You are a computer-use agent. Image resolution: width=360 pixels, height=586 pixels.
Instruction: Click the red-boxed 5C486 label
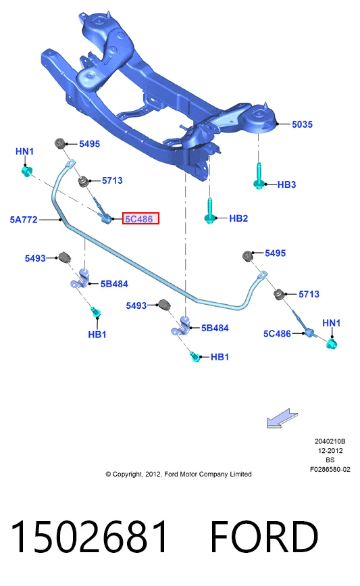140,218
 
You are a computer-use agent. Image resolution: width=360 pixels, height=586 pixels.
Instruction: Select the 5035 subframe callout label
302,124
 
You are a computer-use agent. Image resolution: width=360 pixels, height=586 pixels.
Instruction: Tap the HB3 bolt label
286,185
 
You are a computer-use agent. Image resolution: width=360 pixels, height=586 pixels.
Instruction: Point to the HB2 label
238,218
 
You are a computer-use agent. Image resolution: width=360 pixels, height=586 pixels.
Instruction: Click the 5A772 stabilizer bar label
24,220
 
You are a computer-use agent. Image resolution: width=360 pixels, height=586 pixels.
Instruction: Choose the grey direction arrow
282,418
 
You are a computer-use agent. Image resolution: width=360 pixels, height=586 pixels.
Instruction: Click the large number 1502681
89,537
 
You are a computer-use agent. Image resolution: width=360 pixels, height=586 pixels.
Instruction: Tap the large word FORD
264,537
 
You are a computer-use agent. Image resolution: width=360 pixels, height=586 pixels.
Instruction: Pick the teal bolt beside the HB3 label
259,176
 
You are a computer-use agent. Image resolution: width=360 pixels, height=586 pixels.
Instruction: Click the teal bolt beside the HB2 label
210,211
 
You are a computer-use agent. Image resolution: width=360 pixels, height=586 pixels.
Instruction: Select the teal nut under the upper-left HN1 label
26,172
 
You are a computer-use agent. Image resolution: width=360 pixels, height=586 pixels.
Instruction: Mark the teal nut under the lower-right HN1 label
331,343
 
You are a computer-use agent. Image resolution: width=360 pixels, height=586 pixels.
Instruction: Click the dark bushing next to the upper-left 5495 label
60,143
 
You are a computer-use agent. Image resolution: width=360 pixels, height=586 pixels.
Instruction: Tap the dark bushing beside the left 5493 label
65,257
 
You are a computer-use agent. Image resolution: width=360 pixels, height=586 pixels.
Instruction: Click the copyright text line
178,474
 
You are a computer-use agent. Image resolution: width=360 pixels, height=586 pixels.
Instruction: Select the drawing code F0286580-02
330,469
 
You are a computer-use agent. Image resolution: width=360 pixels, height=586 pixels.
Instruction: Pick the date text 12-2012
330,451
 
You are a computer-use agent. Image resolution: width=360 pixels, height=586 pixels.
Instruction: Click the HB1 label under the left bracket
97,335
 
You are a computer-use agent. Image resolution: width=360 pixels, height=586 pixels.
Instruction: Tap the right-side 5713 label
309,294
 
